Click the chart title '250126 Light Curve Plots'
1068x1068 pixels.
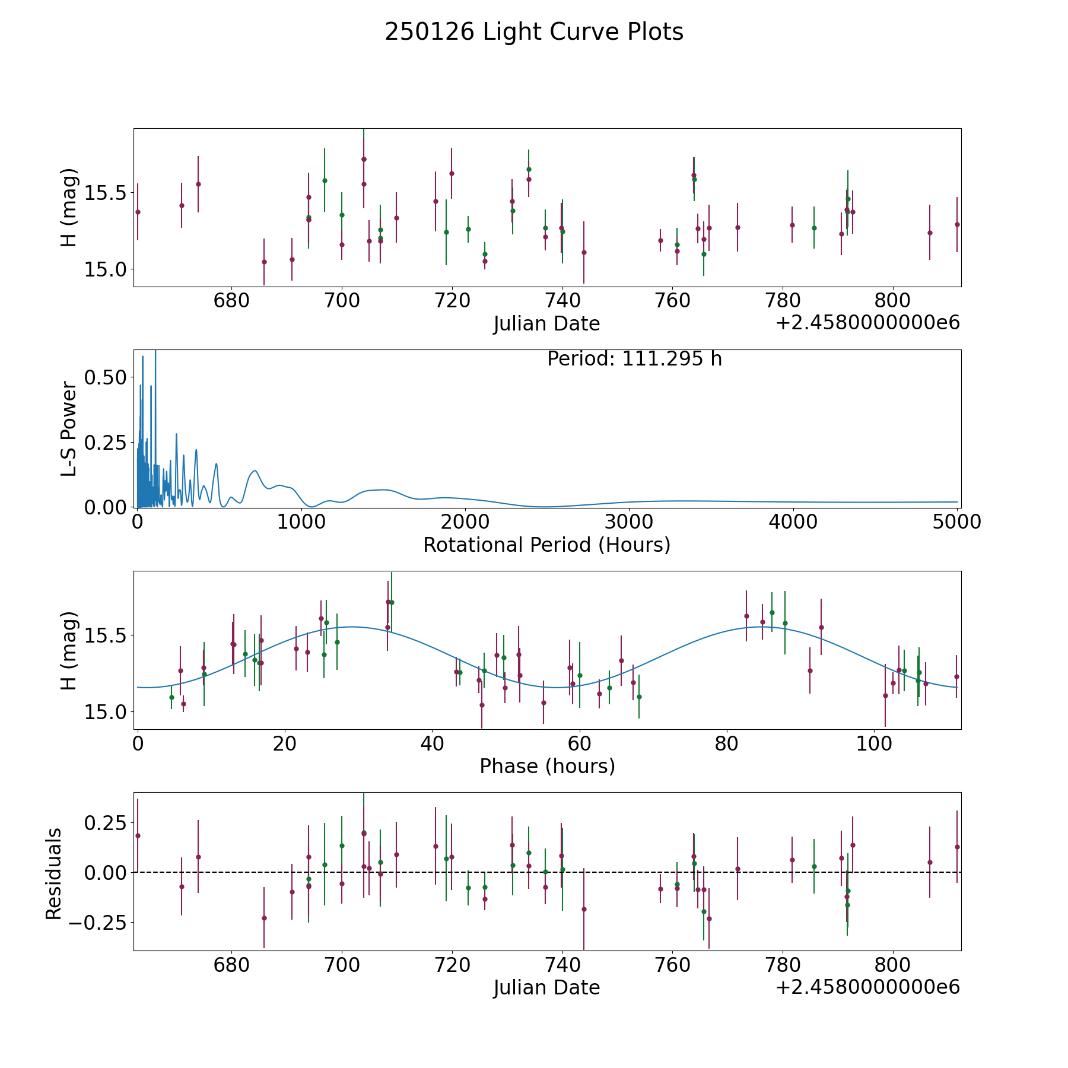coord(534,32)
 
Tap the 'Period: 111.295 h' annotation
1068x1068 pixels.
coord(634,359)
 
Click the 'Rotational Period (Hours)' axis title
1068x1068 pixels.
coord(546,545)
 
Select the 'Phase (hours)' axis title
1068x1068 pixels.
coord(547,766)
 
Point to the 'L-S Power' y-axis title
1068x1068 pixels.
coord(69,429)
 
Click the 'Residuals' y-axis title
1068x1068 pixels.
coord(54,874)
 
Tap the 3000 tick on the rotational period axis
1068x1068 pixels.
coord(628,522)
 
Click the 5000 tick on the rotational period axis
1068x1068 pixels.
coord(956,522)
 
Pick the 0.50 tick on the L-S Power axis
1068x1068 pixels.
coord(106,377)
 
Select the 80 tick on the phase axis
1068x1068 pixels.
coord(726,743)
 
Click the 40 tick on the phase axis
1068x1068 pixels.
coord(432,743)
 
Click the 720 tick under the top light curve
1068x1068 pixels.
coord(452,301)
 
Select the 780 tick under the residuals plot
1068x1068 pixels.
coord(783,965)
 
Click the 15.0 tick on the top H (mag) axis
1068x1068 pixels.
coord(106,269)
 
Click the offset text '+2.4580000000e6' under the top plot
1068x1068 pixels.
coord(867,323)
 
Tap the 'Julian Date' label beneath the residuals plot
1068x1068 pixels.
coord(546,988)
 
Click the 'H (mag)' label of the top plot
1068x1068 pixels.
coord(69,208)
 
